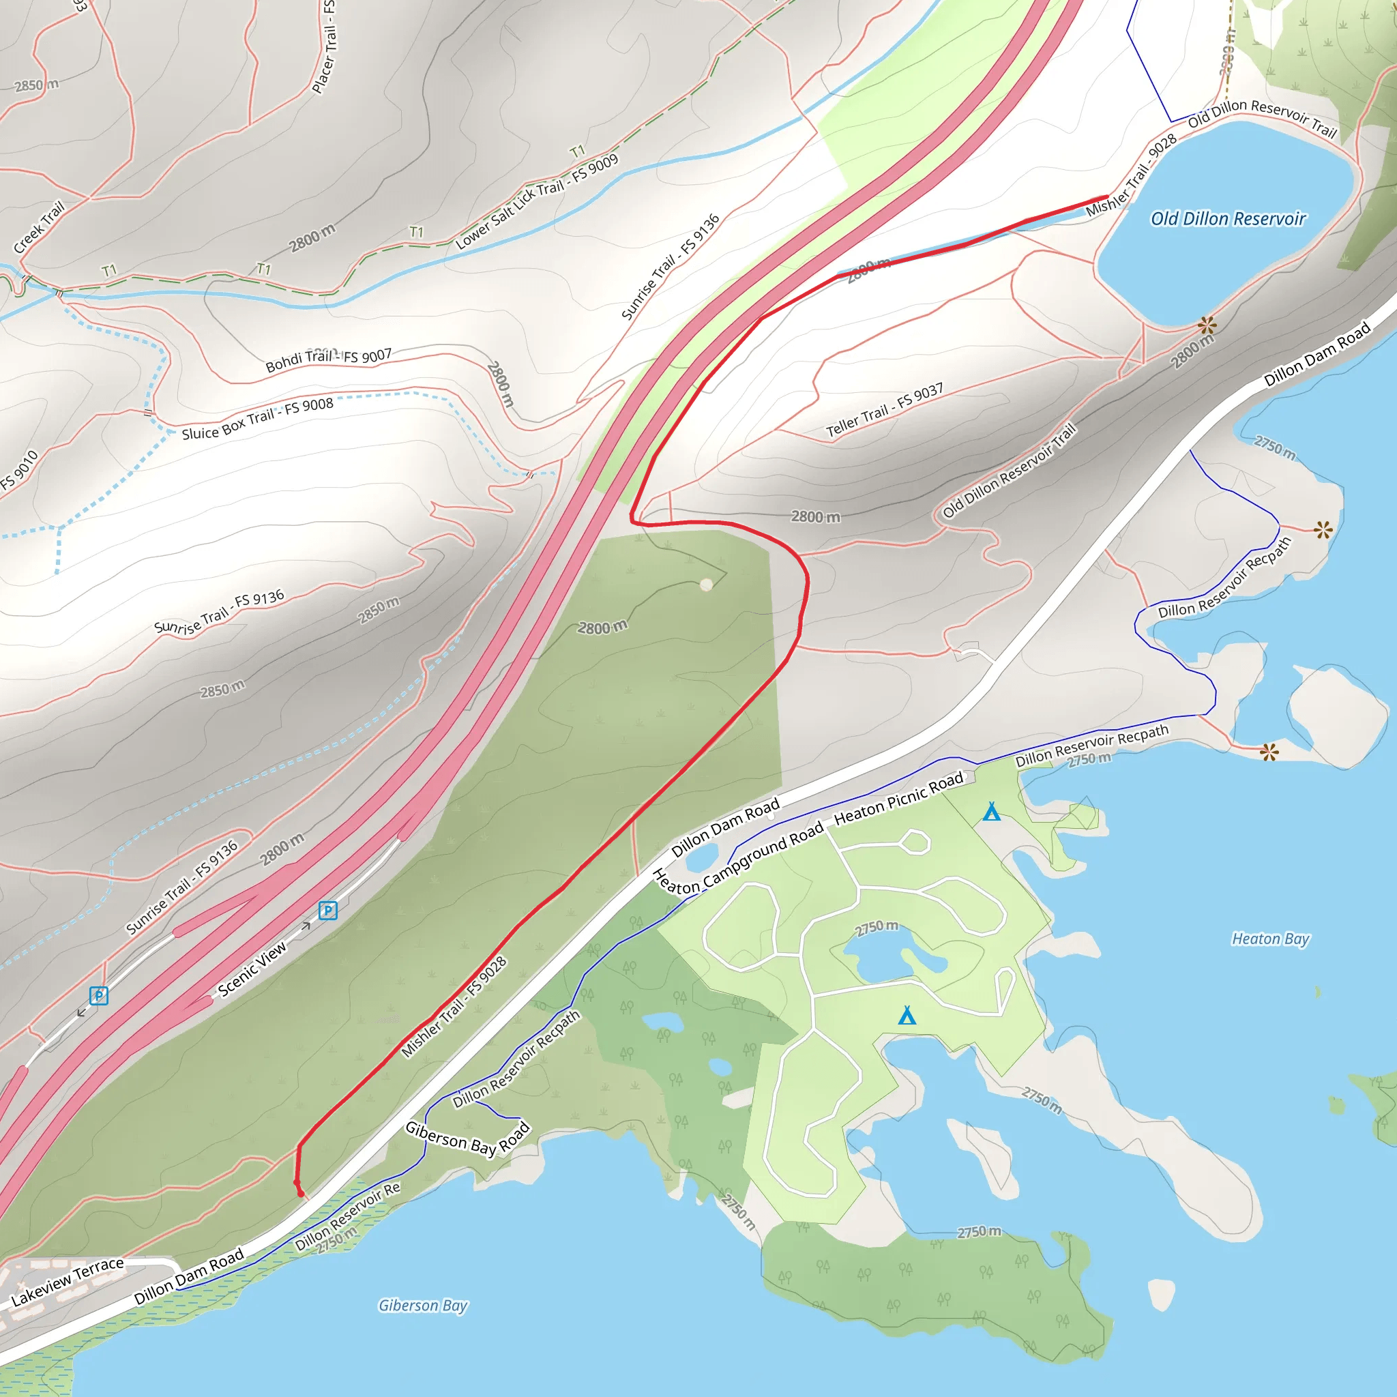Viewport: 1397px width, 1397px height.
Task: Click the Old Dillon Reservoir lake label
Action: tap(1228, 218)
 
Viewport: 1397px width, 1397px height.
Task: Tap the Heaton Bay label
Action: tap(1270, 939)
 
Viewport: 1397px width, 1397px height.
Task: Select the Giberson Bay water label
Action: tap(423, 1305)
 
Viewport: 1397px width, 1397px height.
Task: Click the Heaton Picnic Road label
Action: tap(899, 798)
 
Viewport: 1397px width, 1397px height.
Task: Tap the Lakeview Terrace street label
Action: tap(68, 1282)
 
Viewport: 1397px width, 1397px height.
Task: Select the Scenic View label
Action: tap(252, 970)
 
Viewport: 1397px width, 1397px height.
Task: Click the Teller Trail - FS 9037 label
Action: tap(884, 410)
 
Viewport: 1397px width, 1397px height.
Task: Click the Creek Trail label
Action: tap(39, 227)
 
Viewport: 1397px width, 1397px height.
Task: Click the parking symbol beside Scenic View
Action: tap(327, 911)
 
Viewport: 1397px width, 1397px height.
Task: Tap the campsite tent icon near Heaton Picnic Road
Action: tap(991, 812)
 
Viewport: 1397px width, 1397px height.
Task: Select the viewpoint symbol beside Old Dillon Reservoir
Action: tap(1206, 325)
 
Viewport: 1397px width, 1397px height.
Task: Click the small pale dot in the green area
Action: tap(707, 585)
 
